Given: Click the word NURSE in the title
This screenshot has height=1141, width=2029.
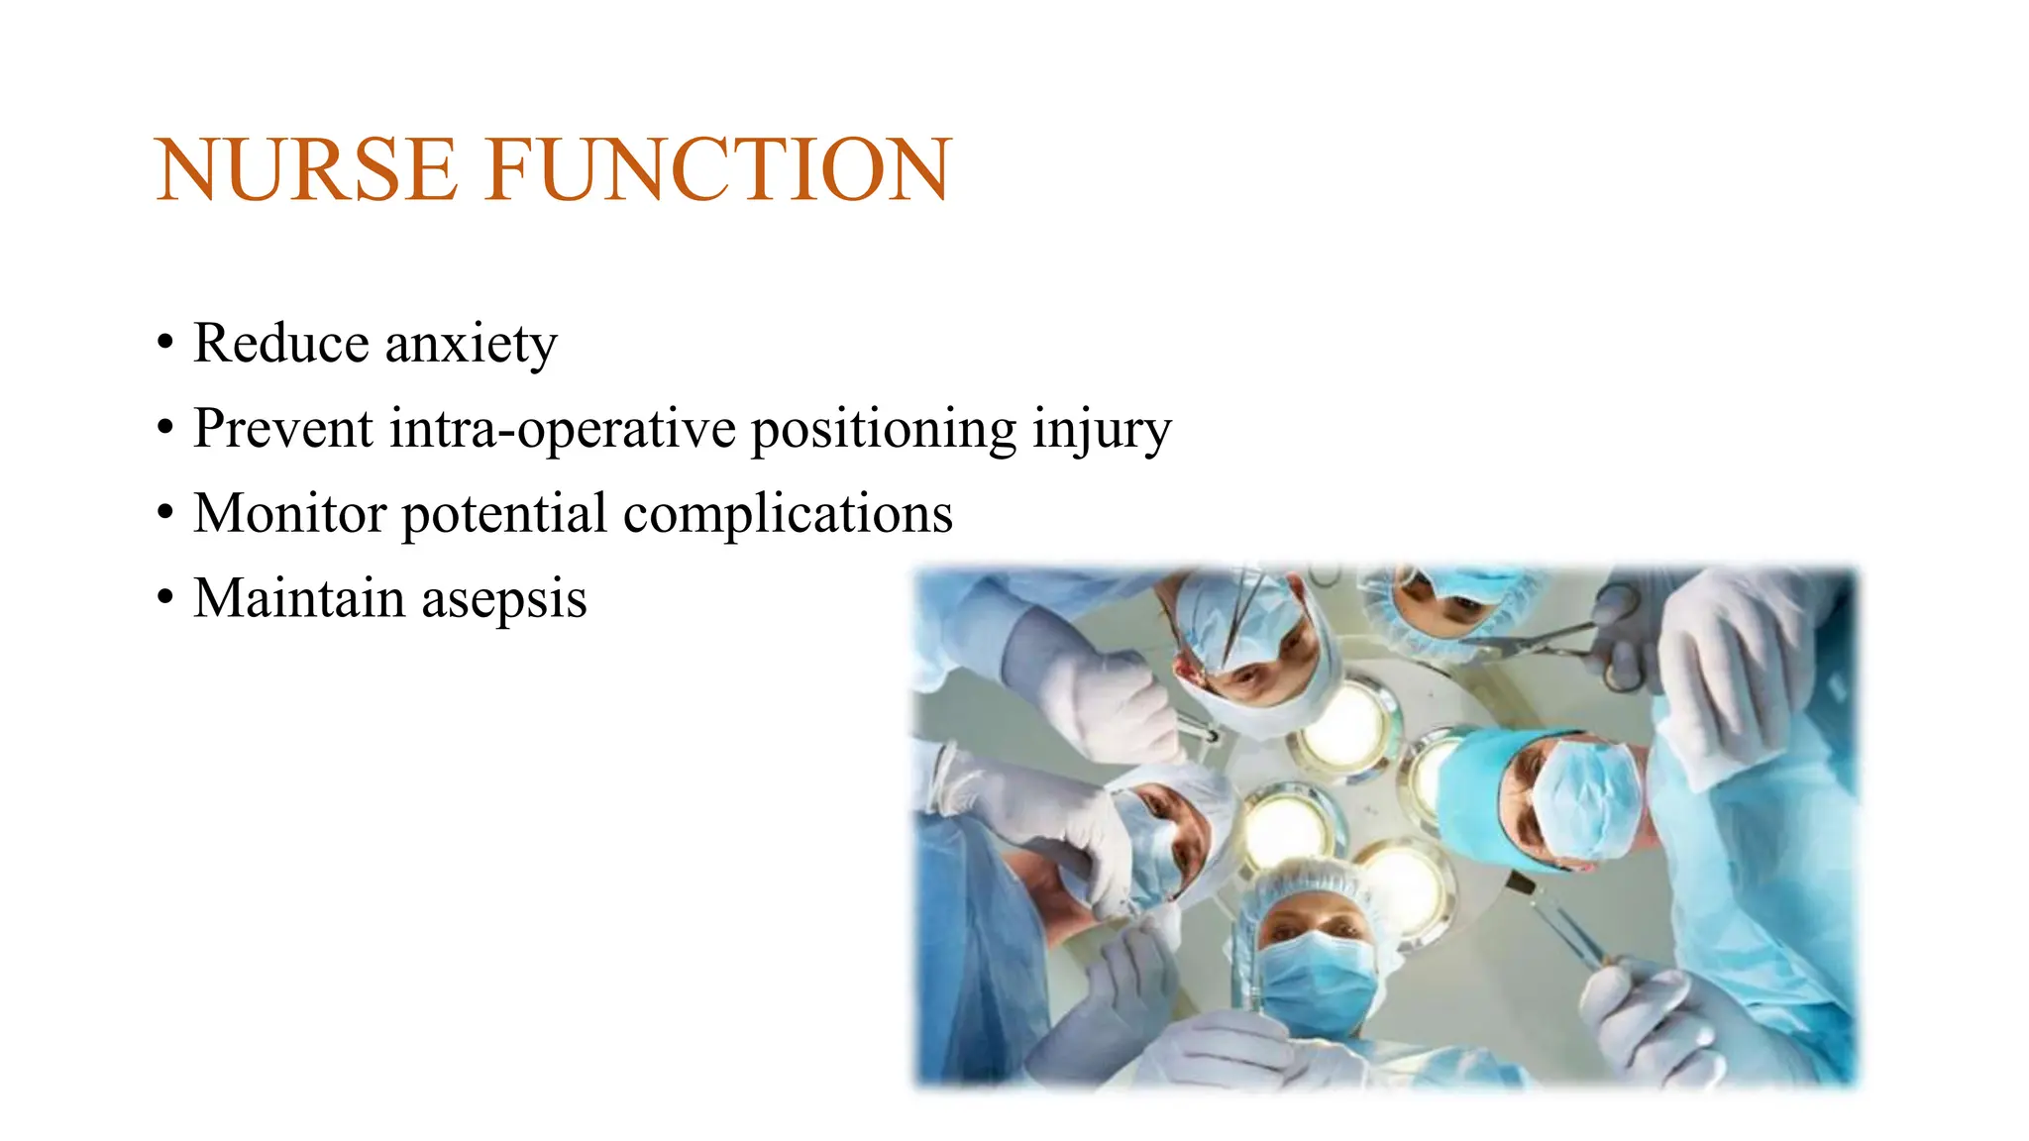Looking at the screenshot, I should tap(307, 170).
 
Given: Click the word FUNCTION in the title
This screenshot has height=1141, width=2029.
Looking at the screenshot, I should tap(718, 170).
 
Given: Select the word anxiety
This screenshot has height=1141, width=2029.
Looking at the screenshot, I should tap(471, 345).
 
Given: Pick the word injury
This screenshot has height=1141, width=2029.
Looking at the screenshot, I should tap(1101, 431).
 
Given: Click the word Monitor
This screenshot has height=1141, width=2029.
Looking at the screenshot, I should tap(289, 513).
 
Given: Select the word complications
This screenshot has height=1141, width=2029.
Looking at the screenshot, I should tap(788, 515).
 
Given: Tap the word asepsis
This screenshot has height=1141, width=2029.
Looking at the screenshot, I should tap(504, 600).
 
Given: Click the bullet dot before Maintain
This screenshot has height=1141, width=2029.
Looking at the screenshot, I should tap(165, 598).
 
